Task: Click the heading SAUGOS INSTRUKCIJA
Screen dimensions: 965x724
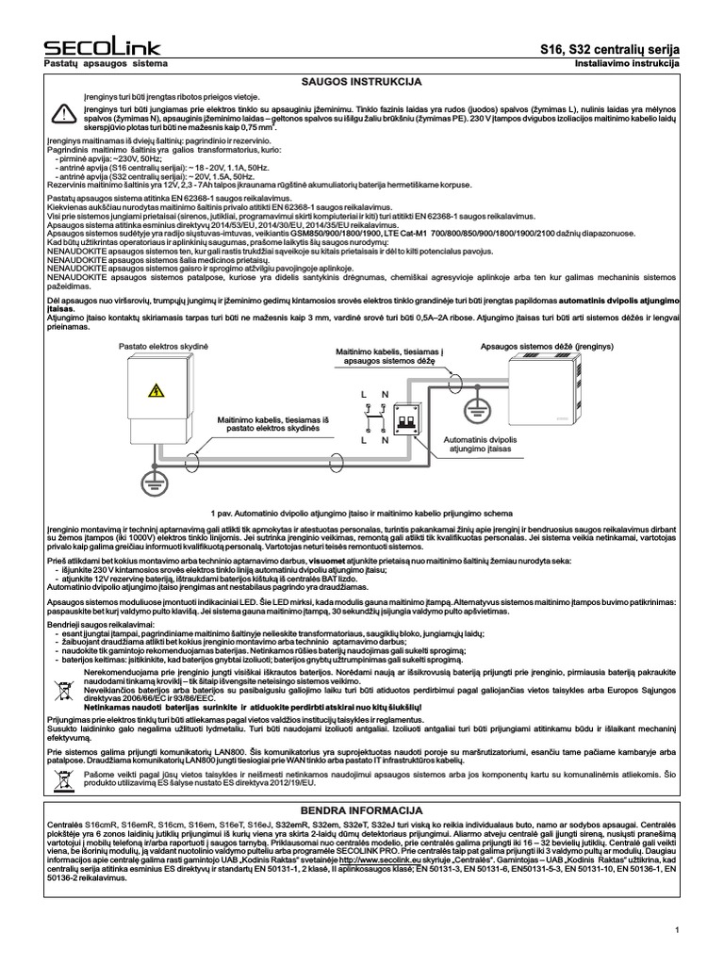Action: [362, 83]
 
